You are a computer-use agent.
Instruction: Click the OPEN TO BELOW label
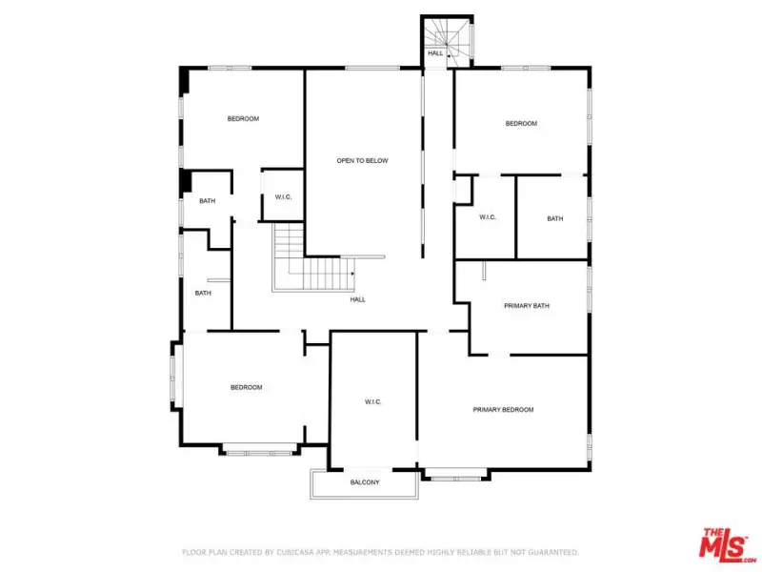tap(363, 160)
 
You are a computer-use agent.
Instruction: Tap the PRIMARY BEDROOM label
tap(503, 410)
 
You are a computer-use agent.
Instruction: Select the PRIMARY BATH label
tap(527, 306)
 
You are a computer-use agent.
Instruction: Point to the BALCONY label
tap(365, 482)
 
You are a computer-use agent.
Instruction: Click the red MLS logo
tap(727, 544)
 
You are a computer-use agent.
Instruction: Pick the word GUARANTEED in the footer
tap(553, 553)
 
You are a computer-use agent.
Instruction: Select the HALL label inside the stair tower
tap(435, 53)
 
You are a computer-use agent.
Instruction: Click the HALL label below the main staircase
tap(358, 299)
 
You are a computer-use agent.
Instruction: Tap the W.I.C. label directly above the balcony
tap(372, 401)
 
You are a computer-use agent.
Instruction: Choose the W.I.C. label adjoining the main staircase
tap(283, 197)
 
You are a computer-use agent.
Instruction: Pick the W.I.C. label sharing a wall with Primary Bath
tap(488, 217)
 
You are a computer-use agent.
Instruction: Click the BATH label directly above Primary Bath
tap(555, 219)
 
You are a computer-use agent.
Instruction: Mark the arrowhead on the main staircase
tap(352, 274)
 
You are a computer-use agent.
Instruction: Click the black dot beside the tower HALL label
tap(449, 56)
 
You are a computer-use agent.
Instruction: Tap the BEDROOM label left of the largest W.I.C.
tap(247, 388)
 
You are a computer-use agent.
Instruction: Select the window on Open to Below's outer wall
tap(372, 68)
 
